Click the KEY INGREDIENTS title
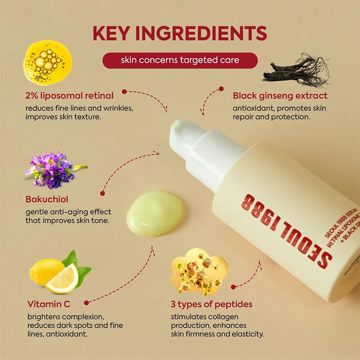pos(180,34)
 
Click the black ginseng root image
pos(297,72)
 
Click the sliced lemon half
pos(62,278)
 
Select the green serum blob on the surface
pos(155,213)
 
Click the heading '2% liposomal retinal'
pos(70,95)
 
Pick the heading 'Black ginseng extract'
pos(280,95)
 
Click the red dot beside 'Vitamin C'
pos(86,303)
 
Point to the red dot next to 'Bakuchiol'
pos(103,193)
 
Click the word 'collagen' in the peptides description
pos(224,317)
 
